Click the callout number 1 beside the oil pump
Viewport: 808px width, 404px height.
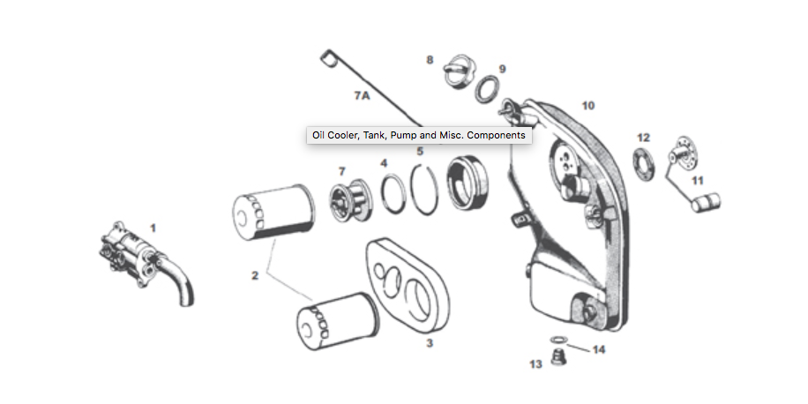click(153, 228)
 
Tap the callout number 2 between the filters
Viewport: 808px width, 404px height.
click(254, 276)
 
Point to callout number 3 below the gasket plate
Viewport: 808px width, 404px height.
click(430, 342)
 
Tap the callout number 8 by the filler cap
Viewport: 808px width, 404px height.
click(430, 60)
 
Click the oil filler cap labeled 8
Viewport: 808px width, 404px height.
click(458, 71)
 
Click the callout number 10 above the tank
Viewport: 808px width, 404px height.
click(587, 105)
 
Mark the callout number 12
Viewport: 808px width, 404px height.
click(643, 138)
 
